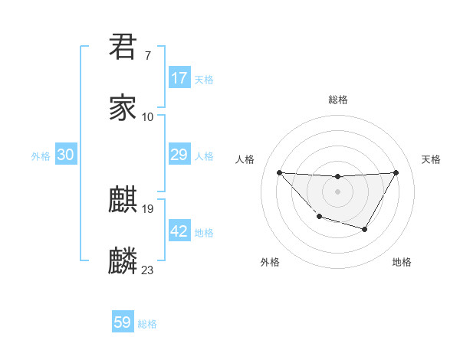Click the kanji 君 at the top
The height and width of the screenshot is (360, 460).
[123, 46]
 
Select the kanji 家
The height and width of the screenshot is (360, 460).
[123, 108]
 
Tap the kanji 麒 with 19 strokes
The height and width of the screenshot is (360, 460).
[123, 200]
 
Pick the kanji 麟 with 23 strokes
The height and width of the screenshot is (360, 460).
[123, 261]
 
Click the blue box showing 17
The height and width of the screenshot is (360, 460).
[179, 78]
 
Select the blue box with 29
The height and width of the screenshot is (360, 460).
[179, 155]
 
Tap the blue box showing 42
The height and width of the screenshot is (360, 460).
[179, 231]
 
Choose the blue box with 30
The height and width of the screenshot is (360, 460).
[66, 155]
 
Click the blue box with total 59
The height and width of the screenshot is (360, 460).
[123, 322]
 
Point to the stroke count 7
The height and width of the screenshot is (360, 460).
[147, 56]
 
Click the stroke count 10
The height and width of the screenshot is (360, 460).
[148, 117]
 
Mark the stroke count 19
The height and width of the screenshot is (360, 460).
[148, 208]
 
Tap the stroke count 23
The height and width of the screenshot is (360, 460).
[148, 270]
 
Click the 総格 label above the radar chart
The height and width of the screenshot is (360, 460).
[337, 100]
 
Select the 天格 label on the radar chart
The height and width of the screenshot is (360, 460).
[432, 159]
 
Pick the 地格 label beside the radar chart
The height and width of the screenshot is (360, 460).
[402, 262]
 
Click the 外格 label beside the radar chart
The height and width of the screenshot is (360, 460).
[270, 262]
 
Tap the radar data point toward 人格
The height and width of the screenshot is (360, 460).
[279, 172]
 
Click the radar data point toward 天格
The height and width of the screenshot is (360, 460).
[396, 172]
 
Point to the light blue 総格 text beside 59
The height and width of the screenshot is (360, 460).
[147, 324]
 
